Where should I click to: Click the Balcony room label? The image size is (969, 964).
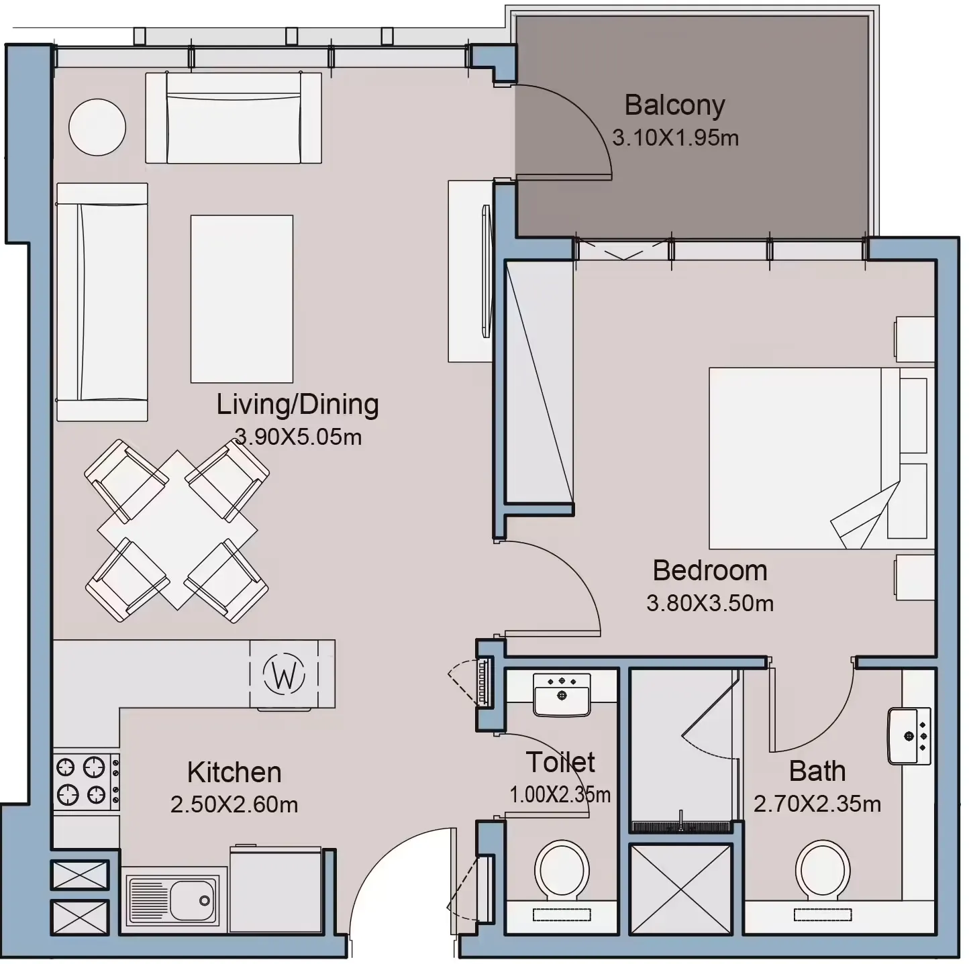674,106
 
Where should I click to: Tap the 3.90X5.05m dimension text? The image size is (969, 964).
298,437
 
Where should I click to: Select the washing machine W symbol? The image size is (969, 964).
284,674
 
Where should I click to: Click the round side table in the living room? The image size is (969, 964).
97,127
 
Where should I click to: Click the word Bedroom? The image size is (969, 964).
709,570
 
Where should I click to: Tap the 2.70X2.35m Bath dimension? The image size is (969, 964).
817,804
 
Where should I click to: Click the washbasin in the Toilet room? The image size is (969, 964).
562,694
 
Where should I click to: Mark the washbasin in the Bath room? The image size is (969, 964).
909,736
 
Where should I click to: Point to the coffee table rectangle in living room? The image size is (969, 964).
242,299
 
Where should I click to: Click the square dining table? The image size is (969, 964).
177,529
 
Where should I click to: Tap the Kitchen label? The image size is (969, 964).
234,772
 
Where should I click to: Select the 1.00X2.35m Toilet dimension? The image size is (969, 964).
560,794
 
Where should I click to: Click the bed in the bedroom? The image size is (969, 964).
821,458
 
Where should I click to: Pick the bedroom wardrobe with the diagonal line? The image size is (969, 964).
539,382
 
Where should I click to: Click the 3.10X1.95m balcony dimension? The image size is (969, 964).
675,138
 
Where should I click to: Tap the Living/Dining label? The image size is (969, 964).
298,405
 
